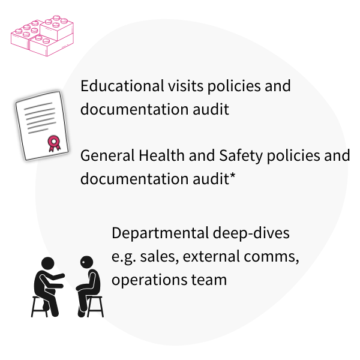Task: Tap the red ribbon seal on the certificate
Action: [54, 142]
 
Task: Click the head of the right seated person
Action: [88, 262]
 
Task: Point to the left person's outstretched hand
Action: [62, 276]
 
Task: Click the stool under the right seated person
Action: [95, 307]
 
